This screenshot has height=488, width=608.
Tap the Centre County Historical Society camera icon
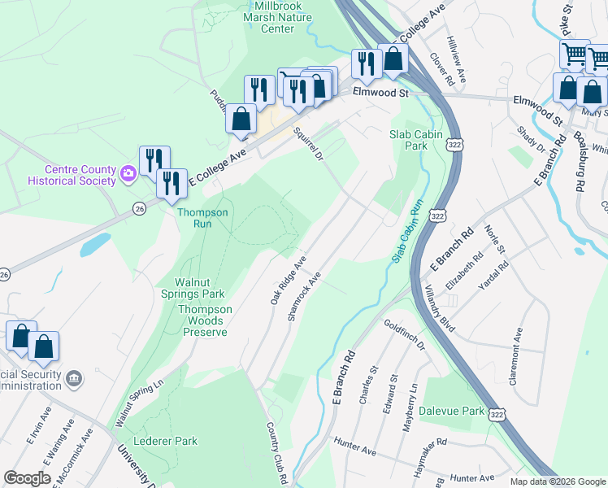[128, 172]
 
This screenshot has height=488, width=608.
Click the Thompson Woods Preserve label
[205, 320]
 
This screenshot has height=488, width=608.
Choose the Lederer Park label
[170, 441]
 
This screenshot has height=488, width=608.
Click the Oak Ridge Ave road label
[288, 281]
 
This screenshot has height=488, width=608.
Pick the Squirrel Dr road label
[308, 142]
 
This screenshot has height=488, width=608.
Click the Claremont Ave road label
[516, 349]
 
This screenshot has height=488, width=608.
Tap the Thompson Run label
[203, 218]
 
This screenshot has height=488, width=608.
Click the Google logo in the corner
[27, 478]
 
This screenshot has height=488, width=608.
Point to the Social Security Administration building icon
[73, 378]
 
